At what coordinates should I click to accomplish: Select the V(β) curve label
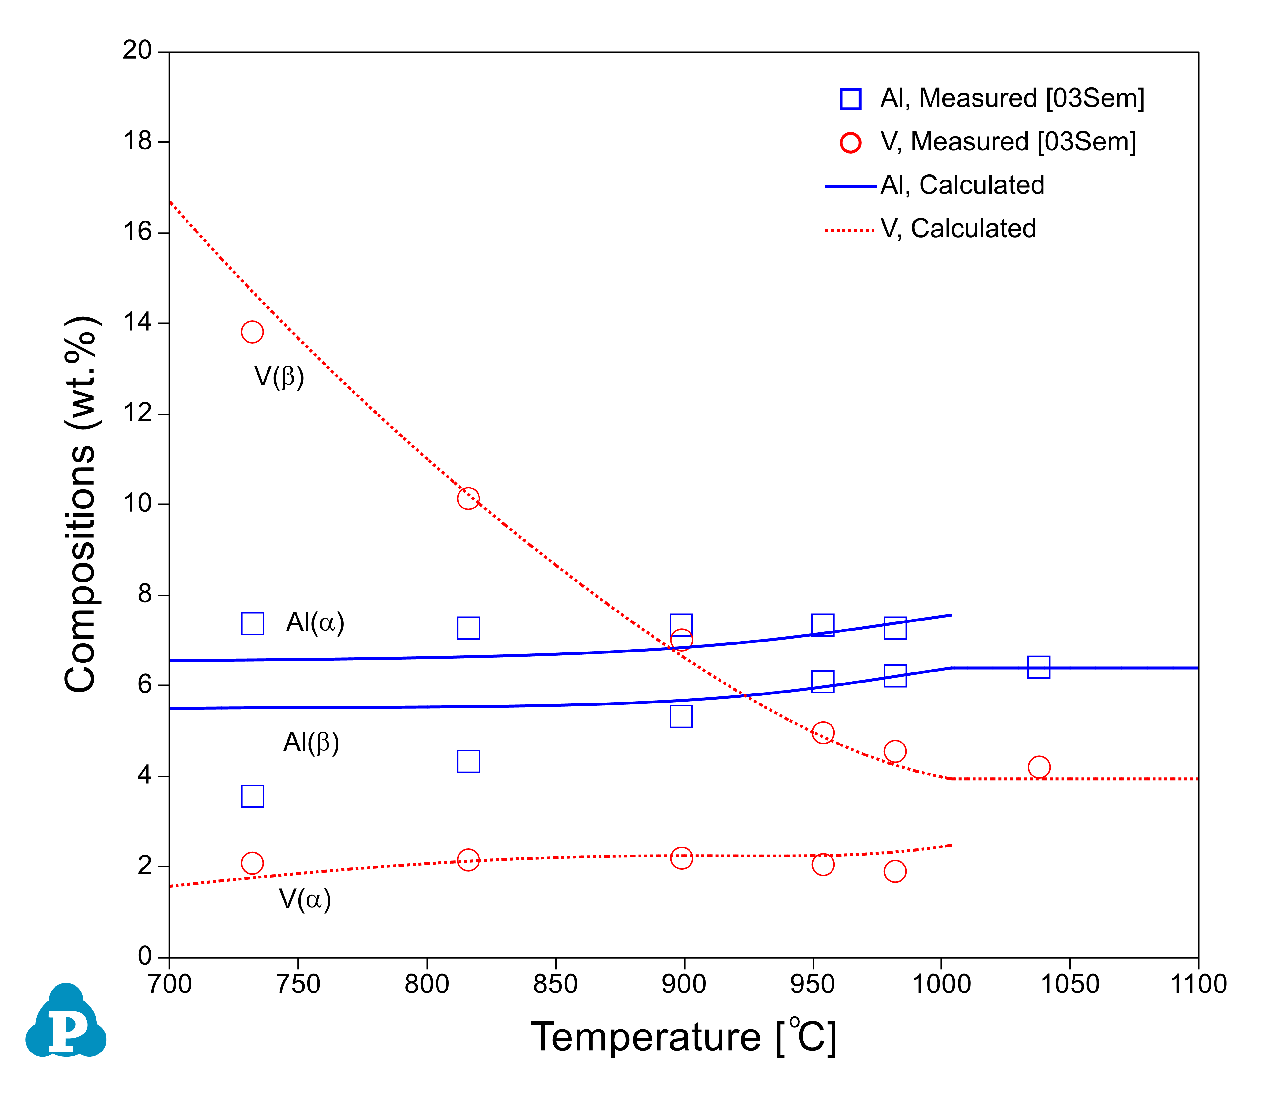279,377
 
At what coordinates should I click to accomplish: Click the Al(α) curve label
315,622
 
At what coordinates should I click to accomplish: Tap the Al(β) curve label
311,742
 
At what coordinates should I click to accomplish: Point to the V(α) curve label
305,899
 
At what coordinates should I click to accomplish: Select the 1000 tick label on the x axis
941,984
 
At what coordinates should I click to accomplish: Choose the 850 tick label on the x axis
555,984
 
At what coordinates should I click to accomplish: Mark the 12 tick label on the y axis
137,413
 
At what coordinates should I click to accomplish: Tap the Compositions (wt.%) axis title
81,504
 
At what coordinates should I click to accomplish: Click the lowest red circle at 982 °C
895,871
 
